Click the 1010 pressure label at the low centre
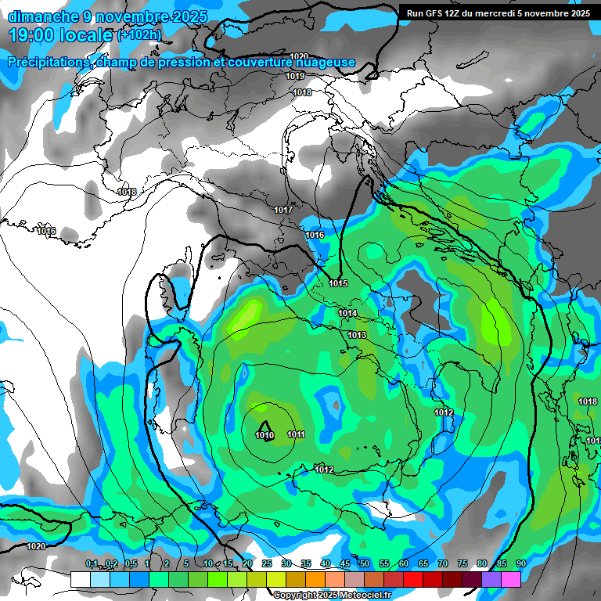click(265, 435)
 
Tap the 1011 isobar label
click(296, 434)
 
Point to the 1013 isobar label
click(357, 335)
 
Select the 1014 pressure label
click(347, 313)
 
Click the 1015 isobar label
click(338, 283)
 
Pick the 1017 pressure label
click(283, 210)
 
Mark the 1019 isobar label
click(295, 76)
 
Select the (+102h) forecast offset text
click(139, 35)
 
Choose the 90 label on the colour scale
click(521, 563)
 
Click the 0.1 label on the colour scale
click(92, 563)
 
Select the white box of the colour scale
click(80, 579)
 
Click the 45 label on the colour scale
click(345, 563)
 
